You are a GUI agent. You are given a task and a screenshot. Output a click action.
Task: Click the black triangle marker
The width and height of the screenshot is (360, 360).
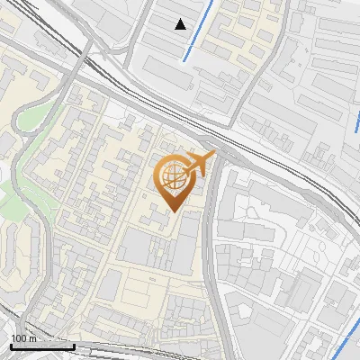click(x=181, y=24)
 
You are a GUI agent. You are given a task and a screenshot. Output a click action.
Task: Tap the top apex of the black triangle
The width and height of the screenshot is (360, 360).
click(x=181, y=19)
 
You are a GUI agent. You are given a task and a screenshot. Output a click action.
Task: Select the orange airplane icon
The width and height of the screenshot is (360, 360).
click(x=197, y=165)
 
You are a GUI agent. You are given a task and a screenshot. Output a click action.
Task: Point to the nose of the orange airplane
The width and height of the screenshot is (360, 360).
click(x=213, y=155)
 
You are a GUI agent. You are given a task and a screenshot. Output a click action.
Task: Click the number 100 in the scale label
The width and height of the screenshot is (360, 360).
click(x=19, y=337)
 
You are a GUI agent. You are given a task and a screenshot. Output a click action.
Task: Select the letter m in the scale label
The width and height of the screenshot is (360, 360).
click(x=31, y=337)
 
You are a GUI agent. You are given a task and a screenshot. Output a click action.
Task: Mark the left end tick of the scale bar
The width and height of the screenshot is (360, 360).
click(x=10, y=345)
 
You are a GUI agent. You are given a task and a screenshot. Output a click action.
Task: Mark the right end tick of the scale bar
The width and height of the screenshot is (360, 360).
click(x=74, y=345)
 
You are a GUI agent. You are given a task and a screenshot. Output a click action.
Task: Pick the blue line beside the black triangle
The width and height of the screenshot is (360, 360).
click(x=199, y=31)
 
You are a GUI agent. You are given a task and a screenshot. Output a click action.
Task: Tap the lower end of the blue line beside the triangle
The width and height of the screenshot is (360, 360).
click(x=186, y=60)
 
